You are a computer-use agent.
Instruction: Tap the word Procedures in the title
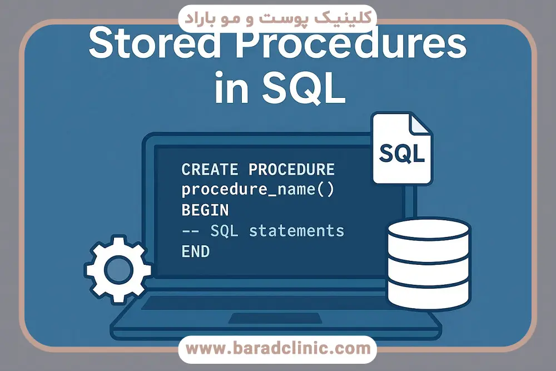351,44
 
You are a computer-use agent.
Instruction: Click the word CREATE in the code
210,170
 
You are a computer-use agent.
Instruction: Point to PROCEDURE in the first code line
291,170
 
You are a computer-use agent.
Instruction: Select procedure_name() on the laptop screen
258,190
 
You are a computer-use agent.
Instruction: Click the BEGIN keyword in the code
205,210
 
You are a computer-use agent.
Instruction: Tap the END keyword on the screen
195,251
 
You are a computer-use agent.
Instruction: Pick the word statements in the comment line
296,231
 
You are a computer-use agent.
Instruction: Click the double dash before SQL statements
190,231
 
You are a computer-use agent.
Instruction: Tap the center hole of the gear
118,270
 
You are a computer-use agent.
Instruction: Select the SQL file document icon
402,149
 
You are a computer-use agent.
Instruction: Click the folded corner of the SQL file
420,125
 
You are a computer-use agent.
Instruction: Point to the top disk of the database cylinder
428,230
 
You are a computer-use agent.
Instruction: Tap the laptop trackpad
275,318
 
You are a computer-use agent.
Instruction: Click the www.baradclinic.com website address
278,348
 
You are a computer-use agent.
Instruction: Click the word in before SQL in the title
231,87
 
